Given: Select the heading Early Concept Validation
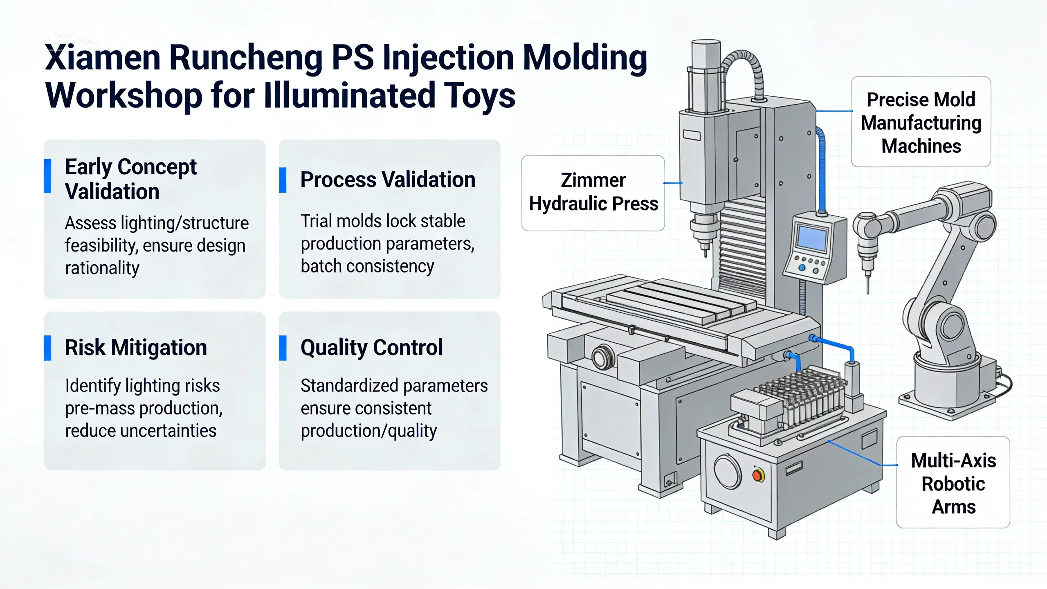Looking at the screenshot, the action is click(131, 179).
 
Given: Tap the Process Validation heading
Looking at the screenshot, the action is click(388, 180).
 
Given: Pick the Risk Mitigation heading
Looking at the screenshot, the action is click(136, 348).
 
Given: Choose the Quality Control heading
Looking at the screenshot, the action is click(372, 348).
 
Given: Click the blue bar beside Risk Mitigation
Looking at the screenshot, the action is click(47, 348).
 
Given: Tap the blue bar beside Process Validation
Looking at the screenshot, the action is click(283, 180).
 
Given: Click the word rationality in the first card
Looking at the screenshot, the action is click(102, 268).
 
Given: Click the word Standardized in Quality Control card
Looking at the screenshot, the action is click(345, 386).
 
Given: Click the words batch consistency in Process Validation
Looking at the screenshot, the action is click(367, 266).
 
